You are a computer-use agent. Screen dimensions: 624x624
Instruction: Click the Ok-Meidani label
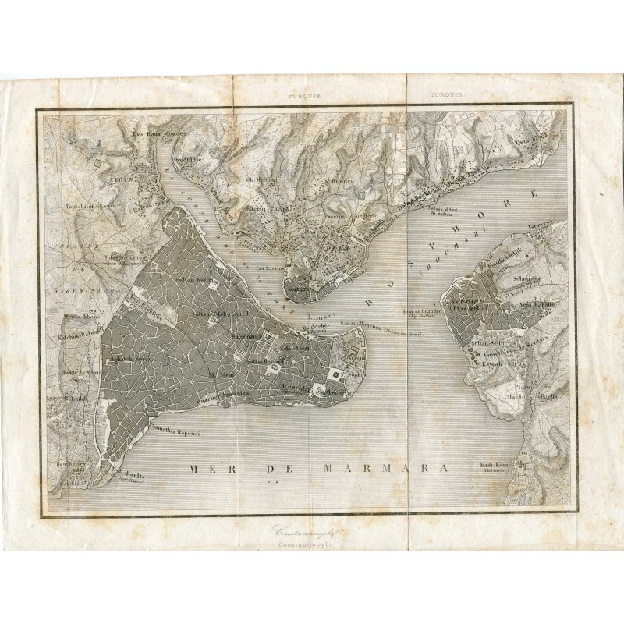pos(261,179)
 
